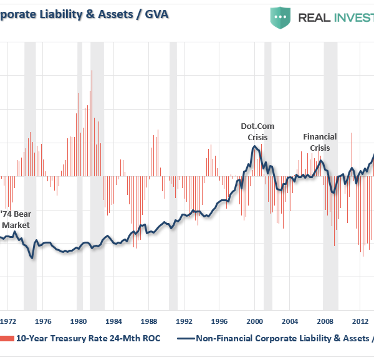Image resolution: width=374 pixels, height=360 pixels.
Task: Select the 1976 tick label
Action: click(42, 321)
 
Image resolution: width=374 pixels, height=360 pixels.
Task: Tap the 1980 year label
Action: click(78, 321)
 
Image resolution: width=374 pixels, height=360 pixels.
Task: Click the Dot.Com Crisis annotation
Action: click(257, 131)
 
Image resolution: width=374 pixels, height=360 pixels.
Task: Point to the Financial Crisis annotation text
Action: click(320, 142)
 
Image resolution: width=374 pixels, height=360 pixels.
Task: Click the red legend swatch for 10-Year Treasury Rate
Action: click(7, 339)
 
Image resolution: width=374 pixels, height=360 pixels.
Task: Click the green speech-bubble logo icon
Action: click(280, 17)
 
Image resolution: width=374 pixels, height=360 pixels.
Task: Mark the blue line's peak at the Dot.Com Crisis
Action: click(254, 146)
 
